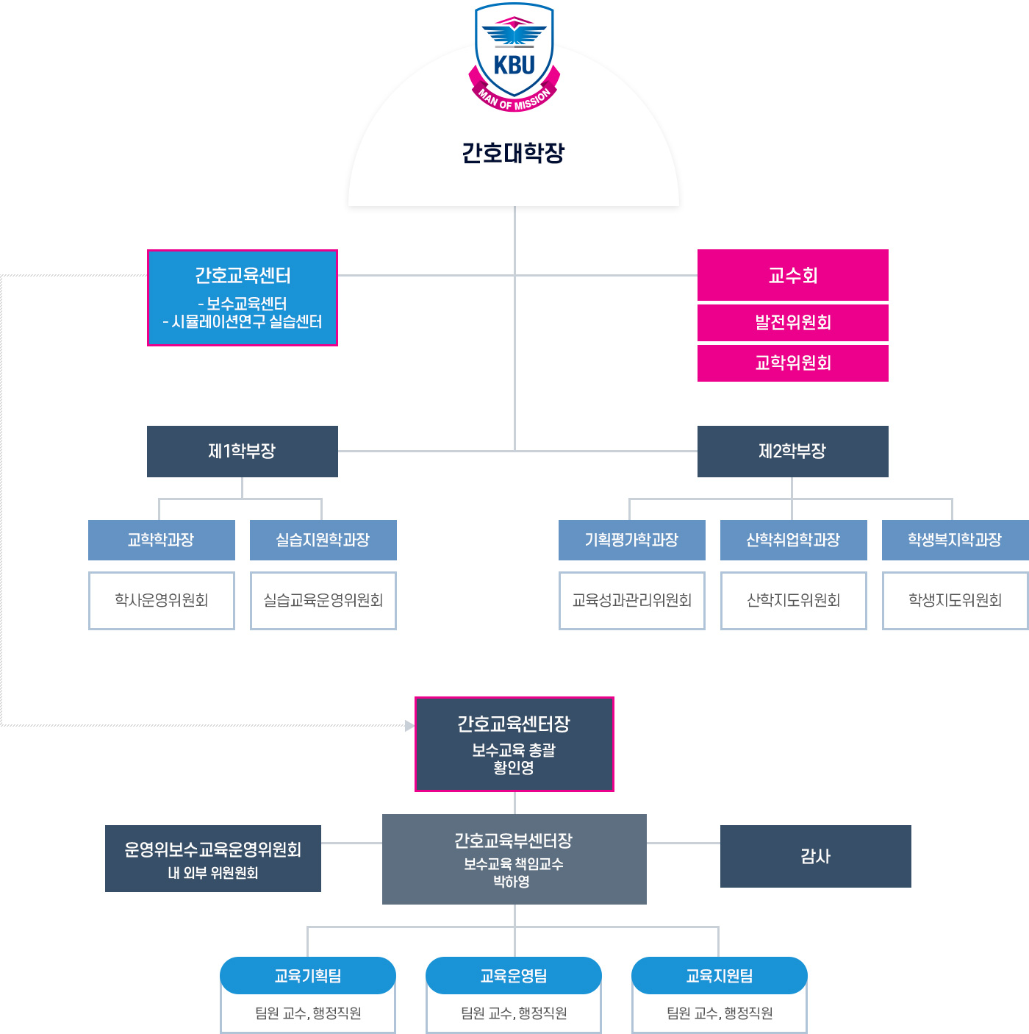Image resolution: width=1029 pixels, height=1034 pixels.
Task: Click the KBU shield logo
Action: click(514, 57)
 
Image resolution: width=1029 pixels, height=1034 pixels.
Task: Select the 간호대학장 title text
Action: click(513, 153)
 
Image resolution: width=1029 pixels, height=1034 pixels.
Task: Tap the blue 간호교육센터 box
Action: click(243, 297)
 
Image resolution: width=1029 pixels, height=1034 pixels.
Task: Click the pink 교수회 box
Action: click(792, 275)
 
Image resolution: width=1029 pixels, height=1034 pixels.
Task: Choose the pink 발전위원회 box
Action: click(792, 322)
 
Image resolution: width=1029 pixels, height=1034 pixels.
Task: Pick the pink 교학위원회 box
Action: click(792, 363)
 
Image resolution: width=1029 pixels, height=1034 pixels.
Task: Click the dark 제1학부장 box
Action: click(243, 451)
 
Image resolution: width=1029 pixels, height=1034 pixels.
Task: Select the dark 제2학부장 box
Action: click(792, 451)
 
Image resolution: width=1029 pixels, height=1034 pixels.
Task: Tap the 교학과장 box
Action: click(162, 540)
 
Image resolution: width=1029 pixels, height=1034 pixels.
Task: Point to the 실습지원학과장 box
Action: click(323, 540)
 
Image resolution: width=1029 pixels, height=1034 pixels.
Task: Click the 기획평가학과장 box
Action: click(632, 540)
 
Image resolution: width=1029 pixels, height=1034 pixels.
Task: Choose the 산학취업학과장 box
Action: click(794, 540)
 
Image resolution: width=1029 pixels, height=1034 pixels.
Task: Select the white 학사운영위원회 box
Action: click(162, 600)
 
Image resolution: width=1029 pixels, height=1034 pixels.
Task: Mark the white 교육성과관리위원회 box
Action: click(632, 600)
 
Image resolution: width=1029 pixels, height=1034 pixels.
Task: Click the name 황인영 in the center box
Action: click(514, 768)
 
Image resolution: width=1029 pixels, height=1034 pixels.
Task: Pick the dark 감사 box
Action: click(816, 856)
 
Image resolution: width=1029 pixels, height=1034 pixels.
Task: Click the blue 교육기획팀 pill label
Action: click(308, 976)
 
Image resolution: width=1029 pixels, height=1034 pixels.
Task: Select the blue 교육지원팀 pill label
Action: click(720, 976)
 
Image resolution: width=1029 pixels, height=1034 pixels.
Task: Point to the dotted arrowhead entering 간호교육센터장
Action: click(409, 726)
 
